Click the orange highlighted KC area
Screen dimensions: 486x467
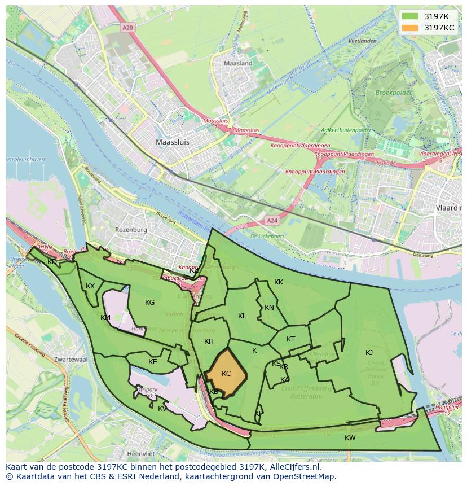(226, 373)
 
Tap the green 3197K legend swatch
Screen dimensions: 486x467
(410, 16)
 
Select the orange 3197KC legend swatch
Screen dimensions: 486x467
(410, 28)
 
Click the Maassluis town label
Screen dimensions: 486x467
(173, 142)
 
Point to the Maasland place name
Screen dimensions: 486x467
(238, 64)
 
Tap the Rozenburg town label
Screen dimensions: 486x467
(131, 230)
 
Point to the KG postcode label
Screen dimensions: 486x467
(149, 303)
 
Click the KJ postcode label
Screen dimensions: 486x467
(369, 353)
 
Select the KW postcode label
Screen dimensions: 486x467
(350, 438)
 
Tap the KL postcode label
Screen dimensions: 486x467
(242, 316)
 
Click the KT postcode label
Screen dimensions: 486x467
(290, 339)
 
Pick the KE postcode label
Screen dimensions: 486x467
(153, 362)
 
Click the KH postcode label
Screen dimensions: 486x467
(209, 341)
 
